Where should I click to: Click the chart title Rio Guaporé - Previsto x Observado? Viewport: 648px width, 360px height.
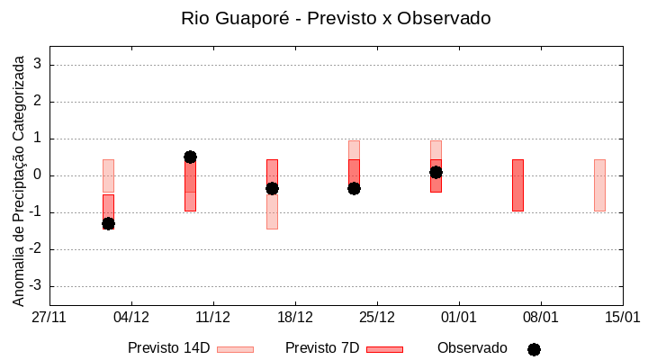coord(336,18)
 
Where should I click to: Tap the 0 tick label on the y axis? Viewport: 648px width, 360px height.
coord(38,175)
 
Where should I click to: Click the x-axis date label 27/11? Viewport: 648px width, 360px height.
coord(49,317)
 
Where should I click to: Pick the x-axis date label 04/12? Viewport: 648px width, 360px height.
coord(131,317)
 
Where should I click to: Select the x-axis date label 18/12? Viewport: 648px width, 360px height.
coord(295,317)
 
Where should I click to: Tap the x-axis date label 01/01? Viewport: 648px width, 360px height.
coord(459,317)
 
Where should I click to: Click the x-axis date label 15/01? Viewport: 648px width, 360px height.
coord(622,317)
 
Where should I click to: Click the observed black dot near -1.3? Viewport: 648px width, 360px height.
coord(108,223)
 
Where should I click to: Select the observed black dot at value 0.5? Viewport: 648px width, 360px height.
coord(190,157)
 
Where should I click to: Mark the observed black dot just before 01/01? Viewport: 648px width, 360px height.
coord(436,172)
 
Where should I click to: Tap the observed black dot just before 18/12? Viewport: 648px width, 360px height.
coord(272,188)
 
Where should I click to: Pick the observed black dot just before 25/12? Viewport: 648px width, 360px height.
coord(354,188)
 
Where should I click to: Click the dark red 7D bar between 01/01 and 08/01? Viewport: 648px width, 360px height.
coord(517,185)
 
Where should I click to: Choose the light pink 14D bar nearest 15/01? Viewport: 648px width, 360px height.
coord(599,185)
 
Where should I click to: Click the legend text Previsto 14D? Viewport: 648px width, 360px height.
coord(168,348)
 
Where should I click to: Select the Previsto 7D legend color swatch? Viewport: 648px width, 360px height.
coord(384,349)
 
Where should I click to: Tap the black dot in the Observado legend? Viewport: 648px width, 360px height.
coord(534,349)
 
